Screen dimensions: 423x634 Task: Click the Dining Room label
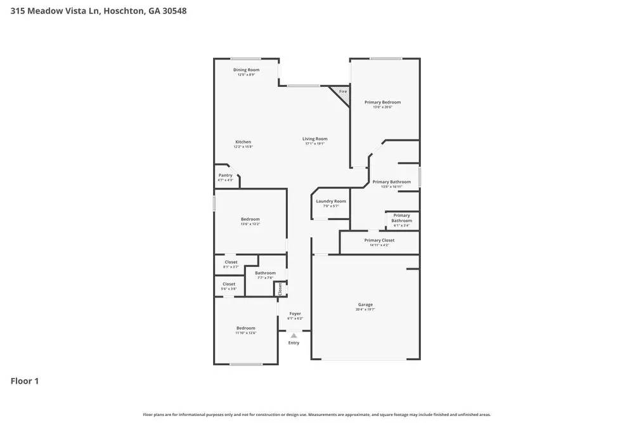click(246, 70)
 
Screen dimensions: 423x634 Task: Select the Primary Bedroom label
click(382, 102)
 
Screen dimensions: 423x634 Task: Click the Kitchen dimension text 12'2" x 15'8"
click(243, 146)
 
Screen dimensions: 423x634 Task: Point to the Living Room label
click(314, 139)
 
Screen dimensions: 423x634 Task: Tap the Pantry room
click(226, 177)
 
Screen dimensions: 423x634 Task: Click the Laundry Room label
click(331, 202)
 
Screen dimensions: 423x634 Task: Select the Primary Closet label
click(379, 240)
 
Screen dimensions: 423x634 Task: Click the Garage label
click(365, 304)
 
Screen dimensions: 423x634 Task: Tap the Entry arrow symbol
click(294, 335)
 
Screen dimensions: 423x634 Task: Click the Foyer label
click(295, 313)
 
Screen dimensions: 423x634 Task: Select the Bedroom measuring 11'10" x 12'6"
click(245, 330)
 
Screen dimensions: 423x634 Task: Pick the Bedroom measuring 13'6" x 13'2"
click(250, 221)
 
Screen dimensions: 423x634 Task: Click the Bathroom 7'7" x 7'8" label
click(265, 273)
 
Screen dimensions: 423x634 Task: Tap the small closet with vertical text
click(280, 289)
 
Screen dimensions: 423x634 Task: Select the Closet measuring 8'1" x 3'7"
click(231, 264)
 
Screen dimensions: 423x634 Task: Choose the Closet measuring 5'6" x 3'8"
click(228, 286)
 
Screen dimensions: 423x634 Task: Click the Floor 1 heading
click(25, 381)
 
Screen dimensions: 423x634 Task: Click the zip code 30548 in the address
click(174, 11)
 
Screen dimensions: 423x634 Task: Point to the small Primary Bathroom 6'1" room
click(401, 219)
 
